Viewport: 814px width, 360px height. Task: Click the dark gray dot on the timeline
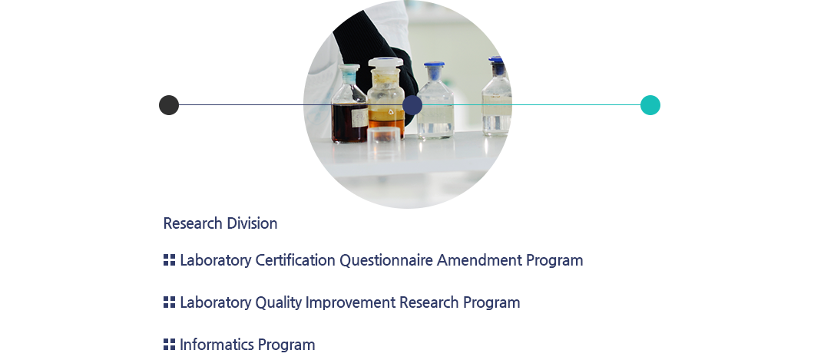(x=169, y=105)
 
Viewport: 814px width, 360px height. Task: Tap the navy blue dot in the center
(x=412, y=105)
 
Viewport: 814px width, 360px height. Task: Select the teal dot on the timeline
(x=650, y=105)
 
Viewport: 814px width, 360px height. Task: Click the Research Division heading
(x=220, y=223)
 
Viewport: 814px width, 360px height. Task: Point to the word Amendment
(x=479, y=260)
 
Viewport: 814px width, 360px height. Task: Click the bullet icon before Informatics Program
(x=169, y=344)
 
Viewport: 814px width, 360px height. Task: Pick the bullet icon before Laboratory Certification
(x=169, y=259)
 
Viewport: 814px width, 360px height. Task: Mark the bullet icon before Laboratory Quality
(x=169, y=302)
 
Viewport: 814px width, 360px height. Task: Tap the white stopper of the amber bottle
(x=385, y=63)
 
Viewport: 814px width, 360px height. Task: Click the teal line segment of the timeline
(x=531, y=105)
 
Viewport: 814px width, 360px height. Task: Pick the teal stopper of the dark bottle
(x=349, y=68)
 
